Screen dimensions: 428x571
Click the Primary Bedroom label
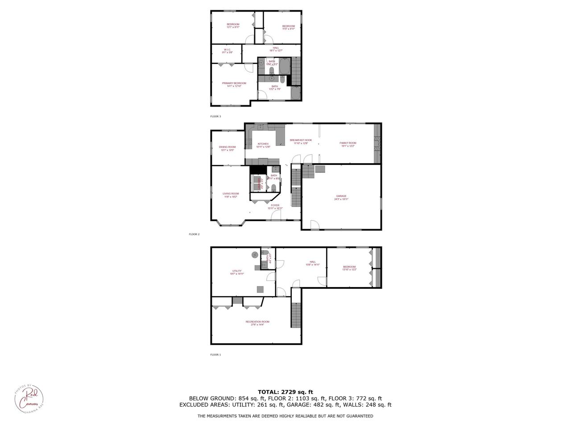point(234,84)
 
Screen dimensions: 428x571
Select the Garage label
point(341,198)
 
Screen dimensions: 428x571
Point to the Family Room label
point(348,144)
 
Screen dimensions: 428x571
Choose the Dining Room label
point(227,148)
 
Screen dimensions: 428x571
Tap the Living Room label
point(231,195)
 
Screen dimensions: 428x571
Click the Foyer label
point(275,206)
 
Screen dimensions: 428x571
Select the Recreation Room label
point(257,323)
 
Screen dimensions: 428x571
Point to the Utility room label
point(237,272)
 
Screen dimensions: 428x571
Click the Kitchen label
point(263,145)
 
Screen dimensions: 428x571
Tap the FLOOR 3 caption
point(215,116)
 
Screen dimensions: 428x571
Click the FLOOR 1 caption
point(215,355)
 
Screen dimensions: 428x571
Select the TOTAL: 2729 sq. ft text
point(285,391)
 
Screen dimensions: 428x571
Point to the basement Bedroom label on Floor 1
point(349,268)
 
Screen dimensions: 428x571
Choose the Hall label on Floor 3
point(276,49)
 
